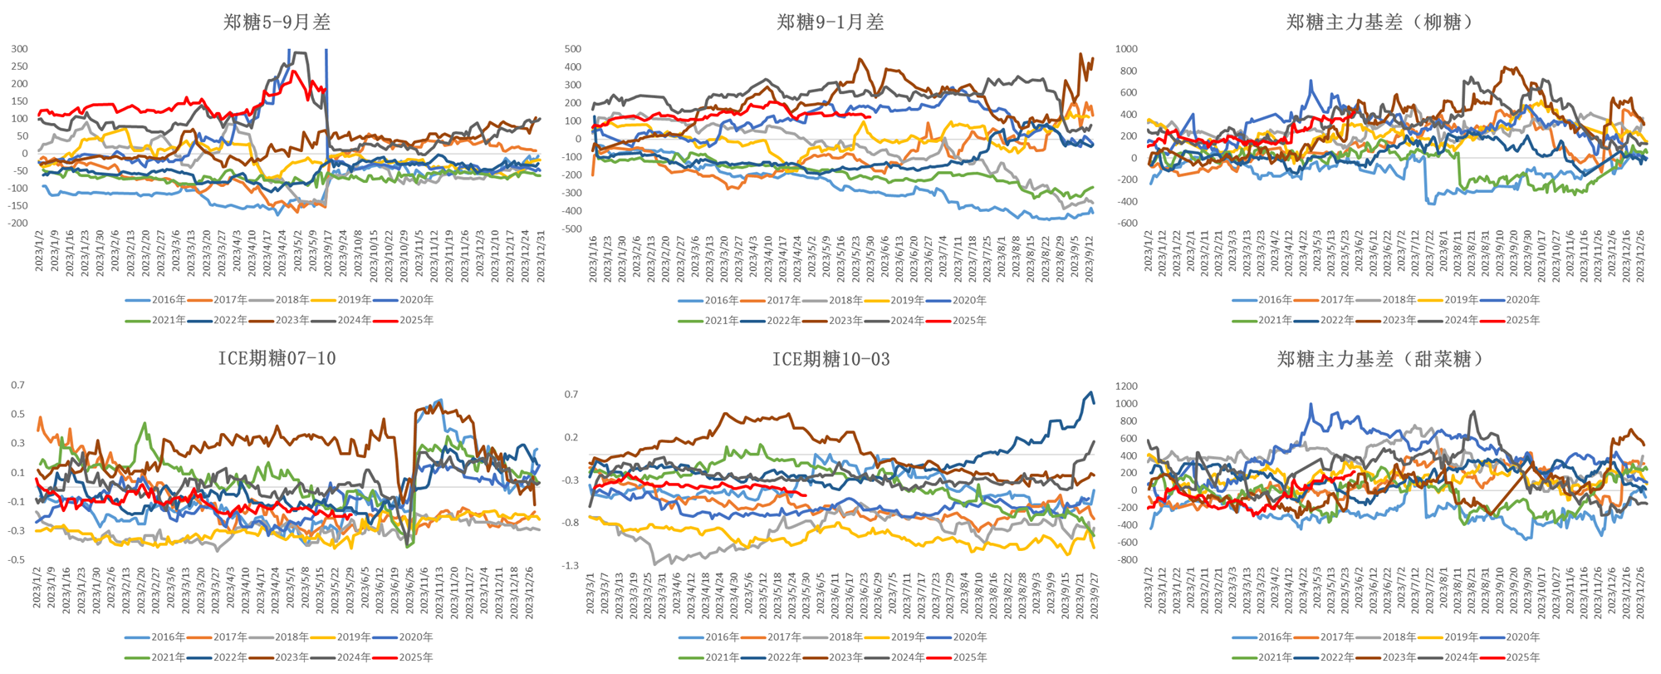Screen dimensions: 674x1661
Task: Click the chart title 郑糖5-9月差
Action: pos(277,22)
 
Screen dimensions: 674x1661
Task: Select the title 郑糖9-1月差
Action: pos(830,22)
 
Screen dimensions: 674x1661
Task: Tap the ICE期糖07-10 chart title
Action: pos(277,358)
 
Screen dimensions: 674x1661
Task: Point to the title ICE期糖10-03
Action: pos(830,359)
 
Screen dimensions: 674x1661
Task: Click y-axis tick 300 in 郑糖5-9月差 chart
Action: pos(19,49)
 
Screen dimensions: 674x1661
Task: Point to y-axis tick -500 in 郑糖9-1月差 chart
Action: pos(572,229)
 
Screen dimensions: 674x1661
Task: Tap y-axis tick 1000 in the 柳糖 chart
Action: pos(1126,49)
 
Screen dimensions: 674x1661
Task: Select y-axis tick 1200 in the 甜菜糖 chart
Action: pos(1126,386)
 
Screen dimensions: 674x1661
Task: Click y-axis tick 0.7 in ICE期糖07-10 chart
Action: pos(18,386)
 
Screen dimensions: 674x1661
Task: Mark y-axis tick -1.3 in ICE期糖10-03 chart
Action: pos(571,566)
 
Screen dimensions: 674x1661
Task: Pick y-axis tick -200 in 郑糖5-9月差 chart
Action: pos(17,224)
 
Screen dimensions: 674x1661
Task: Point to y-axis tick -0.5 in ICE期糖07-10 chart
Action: pos(17,560)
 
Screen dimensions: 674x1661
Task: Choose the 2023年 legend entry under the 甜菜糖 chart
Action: pos(1399,657)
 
